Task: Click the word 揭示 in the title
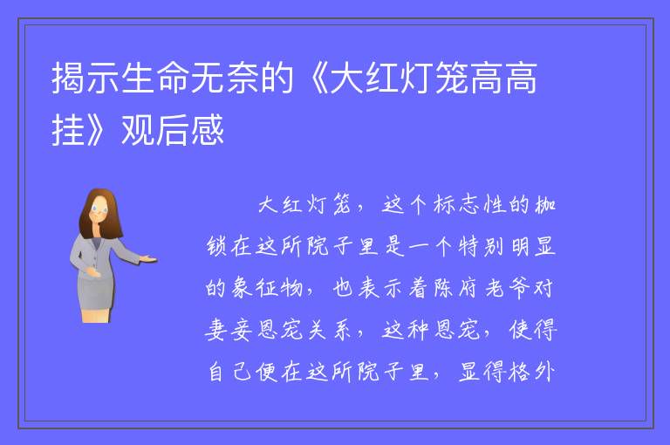pyautogui.click(x=85, y=78)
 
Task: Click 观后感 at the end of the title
pyautogui.click(x=173, y=129)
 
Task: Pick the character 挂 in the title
pyautogui.click(x=68, y=129)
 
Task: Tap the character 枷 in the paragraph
pyautogui.click(x=544, y=204)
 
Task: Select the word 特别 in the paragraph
pyautogui.click(x=481, y=246)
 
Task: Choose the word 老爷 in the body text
pyautogui.click(x=507, y=287)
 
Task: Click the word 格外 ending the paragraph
pyautogui.click(x=532, y=372)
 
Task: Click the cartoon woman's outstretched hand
pyautogui.click(x=148, y=258)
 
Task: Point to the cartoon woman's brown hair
pyautogui.click(x=101, y=209)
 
